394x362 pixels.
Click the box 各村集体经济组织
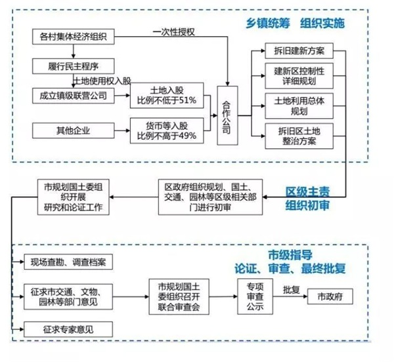coord(74,37)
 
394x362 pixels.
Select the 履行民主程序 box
coord(74,66)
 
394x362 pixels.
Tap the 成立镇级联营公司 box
coord(74,96)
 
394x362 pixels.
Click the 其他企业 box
coord(74,131)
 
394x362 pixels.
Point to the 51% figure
coord(187,100)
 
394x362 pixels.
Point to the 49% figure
coord(187,136)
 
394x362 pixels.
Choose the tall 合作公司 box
coord(227,115)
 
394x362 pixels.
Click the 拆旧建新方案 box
coord(299,50)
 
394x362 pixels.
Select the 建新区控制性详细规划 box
coord(299,76)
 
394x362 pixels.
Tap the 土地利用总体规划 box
coord(299,106)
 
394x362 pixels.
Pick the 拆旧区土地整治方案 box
coord(299,136)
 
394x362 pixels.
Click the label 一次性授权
coord(173,32)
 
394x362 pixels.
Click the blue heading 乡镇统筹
coord(268,24)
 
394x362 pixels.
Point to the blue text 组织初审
coord(307,205)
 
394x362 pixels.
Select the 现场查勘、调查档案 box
coord(68,262)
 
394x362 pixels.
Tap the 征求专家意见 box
coord(68,329)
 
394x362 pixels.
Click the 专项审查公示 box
coord(255,296)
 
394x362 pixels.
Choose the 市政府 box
coord(330,296)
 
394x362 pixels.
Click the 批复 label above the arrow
coord(292,290)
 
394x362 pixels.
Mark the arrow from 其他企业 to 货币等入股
coord(122,131)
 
